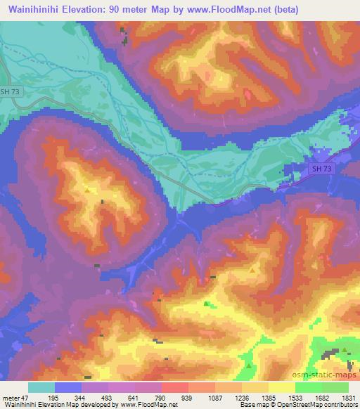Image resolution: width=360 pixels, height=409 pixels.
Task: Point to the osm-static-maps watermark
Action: pos(328,373)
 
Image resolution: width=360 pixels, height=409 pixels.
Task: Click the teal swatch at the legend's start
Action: pos(41,387)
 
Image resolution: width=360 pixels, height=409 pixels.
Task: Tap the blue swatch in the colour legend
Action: pos(68,387)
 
